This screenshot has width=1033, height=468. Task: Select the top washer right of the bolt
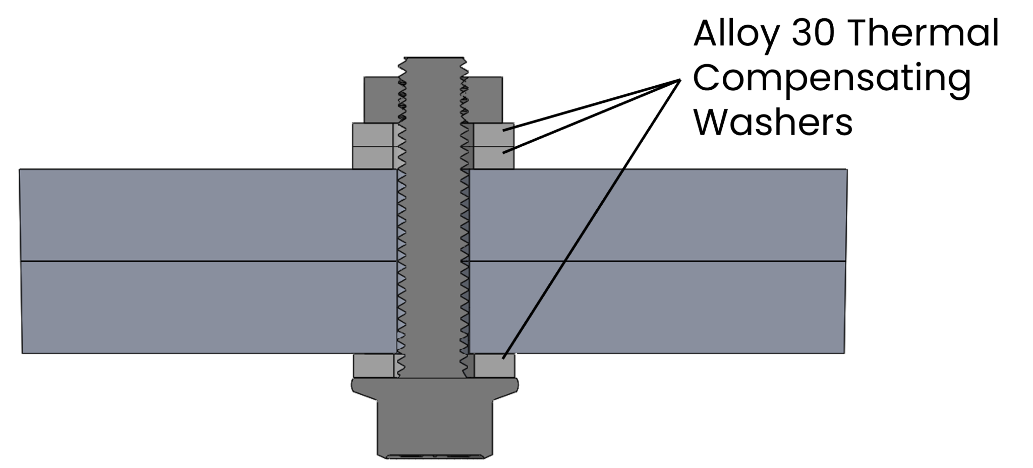(x=493, y=135)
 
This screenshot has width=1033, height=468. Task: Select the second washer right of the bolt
(x=493, y=157)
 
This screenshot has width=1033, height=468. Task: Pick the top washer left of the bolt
(x=373, y=135)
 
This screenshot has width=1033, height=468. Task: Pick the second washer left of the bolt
(x=373, y=157)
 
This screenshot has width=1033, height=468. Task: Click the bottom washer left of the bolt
(x=374, y=366)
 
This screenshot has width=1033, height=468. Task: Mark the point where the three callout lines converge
(x=678, y=81)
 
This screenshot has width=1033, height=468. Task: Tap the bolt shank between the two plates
(x=434, y=261)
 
